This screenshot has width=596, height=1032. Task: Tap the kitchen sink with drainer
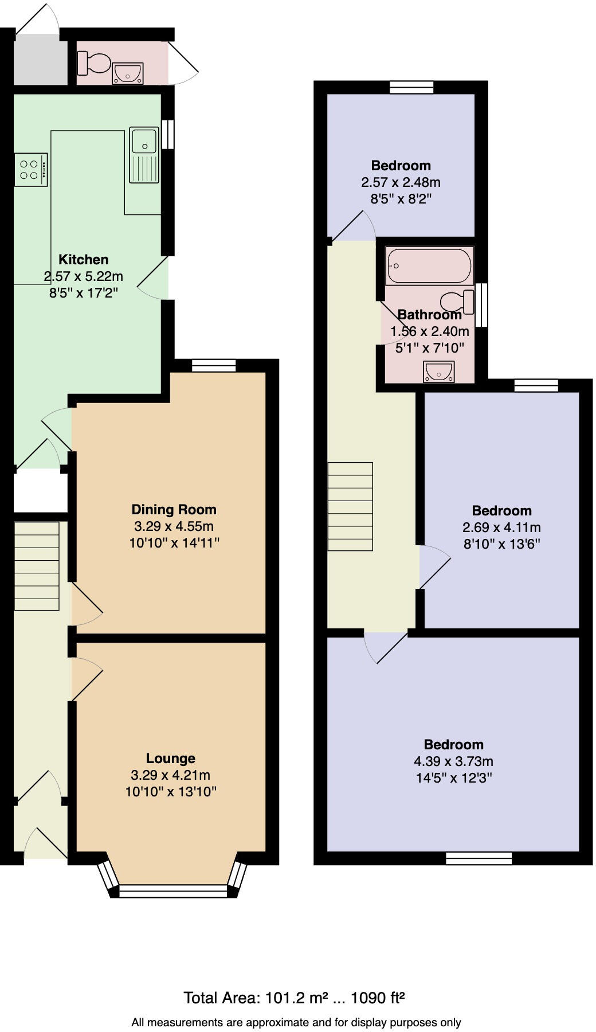pyautogui.click(x=144, y=155)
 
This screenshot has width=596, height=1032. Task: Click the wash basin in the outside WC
pyautogui.click(x=127, y=73)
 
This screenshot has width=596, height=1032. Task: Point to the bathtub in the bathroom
pyautogui.click(x=429, y=266)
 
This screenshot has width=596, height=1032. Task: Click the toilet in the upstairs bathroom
pyautogui.click(x=458, y=302)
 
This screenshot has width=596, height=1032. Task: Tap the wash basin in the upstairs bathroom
pyautogui.click(x=439, y=372)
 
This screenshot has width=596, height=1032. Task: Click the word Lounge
pyautogui.click(x=170, y=759)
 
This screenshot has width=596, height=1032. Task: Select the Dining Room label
pyautogui.click(x=174, y=510)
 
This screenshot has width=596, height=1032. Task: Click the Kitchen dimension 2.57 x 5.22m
pyautogui.click(x=84, y=276)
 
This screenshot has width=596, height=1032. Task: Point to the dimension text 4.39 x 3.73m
pyautogui.click(x=453, y=761)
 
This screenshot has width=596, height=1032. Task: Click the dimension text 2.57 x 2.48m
pyautogui.click(x=401, y=182)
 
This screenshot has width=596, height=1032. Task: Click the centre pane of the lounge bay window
pyautogui.click(x=173, y=890)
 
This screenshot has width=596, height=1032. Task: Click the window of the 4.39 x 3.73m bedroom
pyautogui.click(x=479, y=858)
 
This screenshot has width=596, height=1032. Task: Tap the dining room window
pyautogui.click(x=214, y=365)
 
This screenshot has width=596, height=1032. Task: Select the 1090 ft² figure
pyautogui.click(x=378, y=998)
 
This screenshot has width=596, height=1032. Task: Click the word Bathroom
pyautogui.click(x=429, y=315)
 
